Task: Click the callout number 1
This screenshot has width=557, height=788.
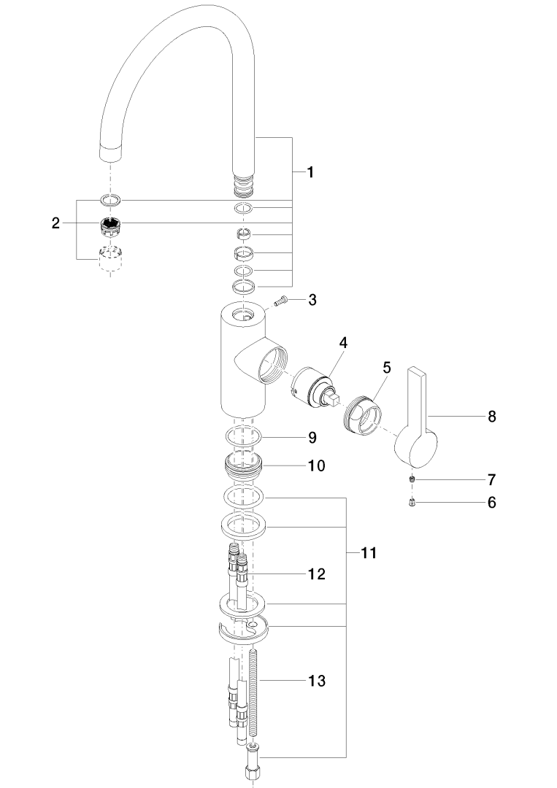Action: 310,172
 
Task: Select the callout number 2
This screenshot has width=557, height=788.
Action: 55,223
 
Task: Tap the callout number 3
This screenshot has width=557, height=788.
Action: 312,300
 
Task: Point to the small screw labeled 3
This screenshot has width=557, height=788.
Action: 280,301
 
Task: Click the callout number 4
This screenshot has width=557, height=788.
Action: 343,343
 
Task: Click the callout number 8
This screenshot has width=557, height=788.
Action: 491,416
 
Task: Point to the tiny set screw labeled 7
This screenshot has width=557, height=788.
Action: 412,479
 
